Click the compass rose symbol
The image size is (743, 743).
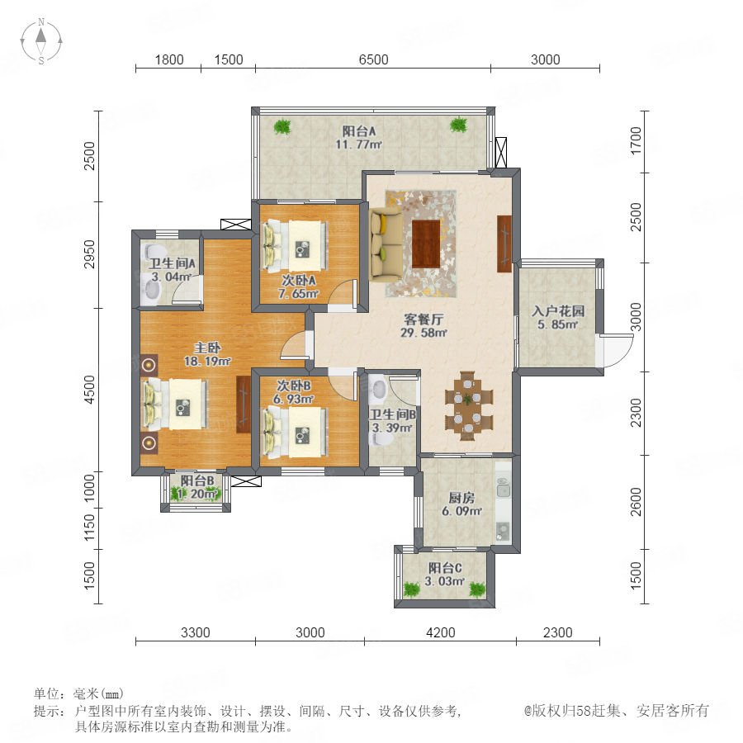[x=41, y=40]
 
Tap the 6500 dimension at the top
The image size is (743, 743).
[x=373, y=59]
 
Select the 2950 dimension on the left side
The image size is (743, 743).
[x=89, y=254]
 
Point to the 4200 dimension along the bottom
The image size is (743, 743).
[x=441, y=632]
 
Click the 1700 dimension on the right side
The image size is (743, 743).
[x=636, y=140]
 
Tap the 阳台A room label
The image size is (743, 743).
[x=359, y=130]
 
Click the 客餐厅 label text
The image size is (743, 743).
[x=424, y=319]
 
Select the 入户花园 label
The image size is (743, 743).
[x=558, y=311]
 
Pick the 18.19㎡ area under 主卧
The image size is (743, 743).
[x=207, y=361]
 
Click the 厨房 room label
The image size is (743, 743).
[x=461, y=498]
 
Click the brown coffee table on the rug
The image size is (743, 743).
[x=426, y=244]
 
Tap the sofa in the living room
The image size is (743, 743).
[x=386, y=244]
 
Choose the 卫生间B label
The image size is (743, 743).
[x=393, y=415]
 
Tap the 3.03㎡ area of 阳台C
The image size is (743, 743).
[x=444, y=581]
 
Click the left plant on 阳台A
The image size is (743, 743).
[x=282, y=126]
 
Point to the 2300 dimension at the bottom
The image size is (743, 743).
[x=558, y=632]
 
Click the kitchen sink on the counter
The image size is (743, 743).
[x=503, y=489]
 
